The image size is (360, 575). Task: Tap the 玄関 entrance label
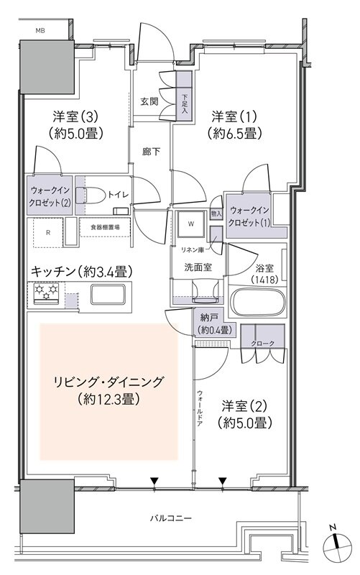coord(149,101)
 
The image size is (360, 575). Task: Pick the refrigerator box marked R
coord(47,233)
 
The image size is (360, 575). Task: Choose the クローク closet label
coord(262,344)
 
